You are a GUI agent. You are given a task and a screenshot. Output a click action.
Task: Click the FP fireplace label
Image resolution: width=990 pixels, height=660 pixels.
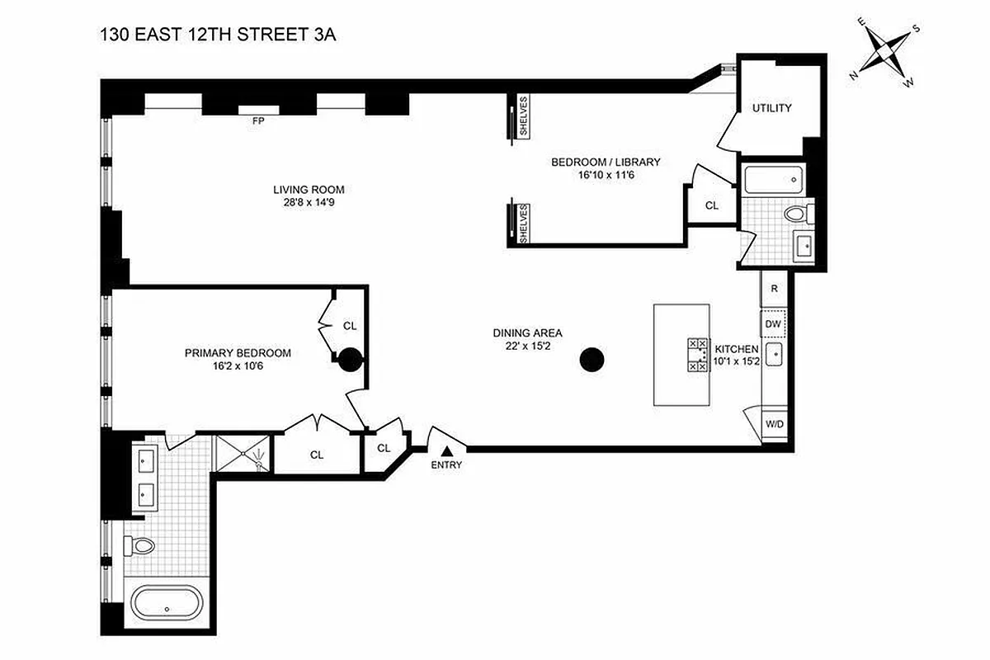(x=258, y=121)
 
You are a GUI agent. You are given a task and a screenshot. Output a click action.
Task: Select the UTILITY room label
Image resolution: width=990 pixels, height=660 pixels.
(x=771, y=108)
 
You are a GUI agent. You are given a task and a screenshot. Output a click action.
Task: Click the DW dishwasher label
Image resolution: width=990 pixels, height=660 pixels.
(x=773, y=324)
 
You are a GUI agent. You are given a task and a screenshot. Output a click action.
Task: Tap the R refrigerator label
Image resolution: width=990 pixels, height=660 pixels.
(x=774, y=289)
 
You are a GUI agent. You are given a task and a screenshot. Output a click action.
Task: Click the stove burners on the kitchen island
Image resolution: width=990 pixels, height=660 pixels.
(x=697, y=355)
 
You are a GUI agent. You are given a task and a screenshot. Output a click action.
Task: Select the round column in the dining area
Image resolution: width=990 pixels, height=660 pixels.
(x=592, y=359)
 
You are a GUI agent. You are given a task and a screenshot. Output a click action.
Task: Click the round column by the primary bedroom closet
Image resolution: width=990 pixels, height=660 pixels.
(x=349, y=359)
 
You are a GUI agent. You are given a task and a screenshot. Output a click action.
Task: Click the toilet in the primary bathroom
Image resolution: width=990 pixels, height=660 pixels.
(x=141, y=545)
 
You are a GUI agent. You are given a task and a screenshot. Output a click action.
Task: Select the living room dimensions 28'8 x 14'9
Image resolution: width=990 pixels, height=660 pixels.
(x=304, y=202)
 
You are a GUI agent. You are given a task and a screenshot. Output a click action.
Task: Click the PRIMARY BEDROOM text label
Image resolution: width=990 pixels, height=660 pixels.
(x=238, y=353)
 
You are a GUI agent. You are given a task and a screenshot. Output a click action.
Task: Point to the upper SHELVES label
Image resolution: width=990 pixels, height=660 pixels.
(x=523, y=116)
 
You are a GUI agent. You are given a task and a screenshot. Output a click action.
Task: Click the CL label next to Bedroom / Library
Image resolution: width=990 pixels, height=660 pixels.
(x=711, y=205)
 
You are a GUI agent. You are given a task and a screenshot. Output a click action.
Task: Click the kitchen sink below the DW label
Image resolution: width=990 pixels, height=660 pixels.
(x=774, y=356)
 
